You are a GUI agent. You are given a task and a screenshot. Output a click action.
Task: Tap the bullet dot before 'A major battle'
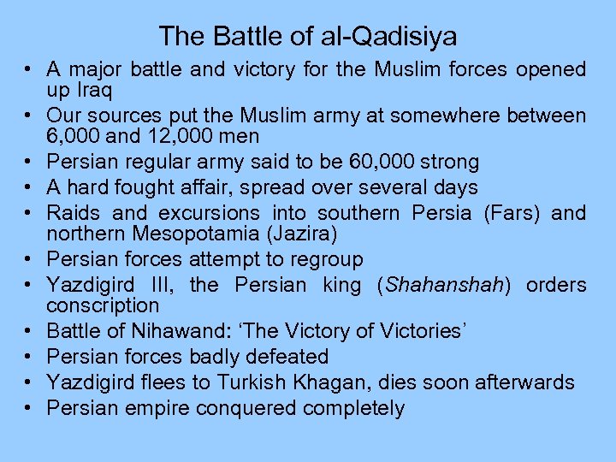[29, 69]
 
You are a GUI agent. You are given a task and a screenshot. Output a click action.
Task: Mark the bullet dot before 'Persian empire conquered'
[29, 408]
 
